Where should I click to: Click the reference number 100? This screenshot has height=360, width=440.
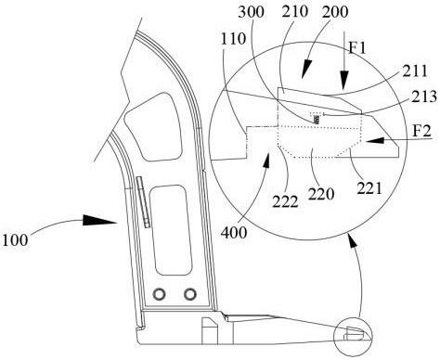[x=15, y=239]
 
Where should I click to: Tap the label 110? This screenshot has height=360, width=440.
[x=234, y=39]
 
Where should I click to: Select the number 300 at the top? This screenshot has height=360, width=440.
[x=251, y=12]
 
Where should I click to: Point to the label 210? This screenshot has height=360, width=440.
[x=295, y=11]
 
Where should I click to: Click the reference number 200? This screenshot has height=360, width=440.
[x=335, y=12]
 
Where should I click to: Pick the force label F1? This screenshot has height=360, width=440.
[x=357, y=48]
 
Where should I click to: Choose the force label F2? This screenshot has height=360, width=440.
[x=422, y=131]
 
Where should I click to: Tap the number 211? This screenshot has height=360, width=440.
[x=415, y=71]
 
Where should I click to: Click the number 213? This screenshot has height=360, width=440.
[x=424, y=96]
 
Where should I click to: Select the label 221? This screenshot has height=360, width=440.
[x=369, y=187]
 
